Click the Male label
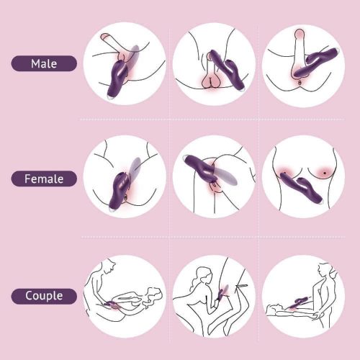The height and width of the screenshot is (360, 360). [44, 63]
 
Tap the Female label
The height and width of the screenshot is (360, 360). [44, 179]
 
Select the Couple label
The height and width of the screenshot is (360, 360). [44, 296]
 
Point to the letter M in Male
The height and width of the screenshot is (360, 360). [35, 64]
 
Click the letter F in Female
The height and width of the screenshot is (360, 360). [27, 179]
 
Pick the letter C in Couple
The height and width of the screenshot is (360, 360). [30, 295]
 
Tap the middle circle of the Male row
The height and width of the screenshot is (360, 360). [214, 63]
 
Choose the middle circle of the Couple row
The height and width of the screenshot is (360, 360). [214, 297]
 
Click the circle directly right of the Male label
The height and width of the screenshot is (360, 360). [125, 63]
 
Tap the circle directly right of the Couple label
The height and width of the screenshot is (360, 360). [125, 297]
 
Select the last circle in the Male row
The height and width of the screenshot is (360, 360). [303, 66]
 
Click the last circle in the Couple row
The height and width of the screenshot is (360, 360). [303, 297]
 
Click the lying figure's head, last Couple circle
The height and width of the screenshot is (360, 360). [274, 308]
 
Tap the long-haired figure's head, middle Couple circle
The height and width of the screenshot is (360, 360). [203, 275]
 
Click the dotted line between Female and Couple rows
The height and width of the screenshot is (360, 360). [213, 237]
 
